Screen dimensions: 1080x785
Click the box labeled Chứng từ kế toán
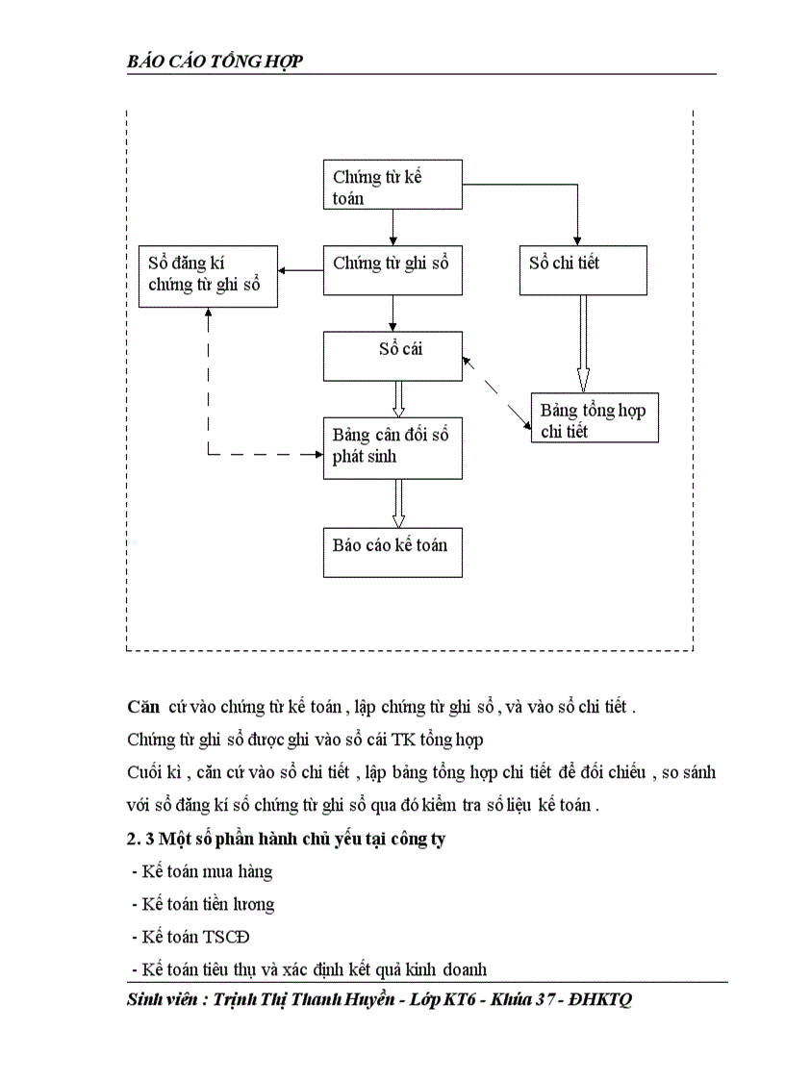click(392, 186)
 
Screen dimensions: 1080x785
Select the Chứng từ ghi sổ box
click(392, 270)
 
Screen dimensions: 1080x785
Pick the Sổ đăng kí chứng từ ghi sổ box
click(208, 276)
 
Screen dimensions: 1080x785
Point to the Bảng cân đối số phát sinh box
click(392, 447)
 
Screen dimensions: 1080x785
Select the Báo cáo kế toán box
click(392, 551)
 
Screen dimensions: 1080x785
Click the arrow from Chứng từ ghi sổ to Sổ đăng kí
click(300, 271)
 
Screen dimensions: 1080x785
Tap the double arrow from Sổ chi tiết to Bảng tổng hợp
click(583, 343)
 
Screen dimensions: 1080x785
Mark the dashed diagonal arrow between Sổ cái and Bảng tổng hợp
click(497, 391)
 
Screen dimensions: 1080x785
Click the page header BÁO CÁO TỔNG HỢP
click(215, 63)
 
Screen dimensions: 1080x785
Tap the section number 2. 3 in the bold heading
click(145, 839)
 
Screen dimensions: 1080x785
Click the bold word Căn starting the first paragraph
click(142, 707)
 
